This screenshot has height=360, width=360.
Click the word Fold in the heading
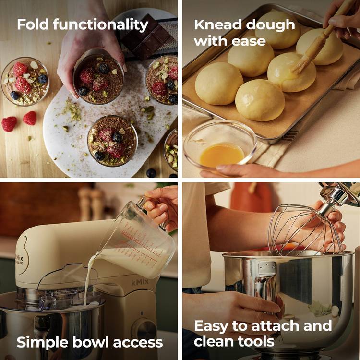pyautogui.click(x=33, y=24)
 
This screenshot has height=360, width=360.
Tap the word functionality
pyautogui.click(x=101, y=25)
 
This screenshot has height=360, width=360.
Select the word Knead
pyautogui.click(x=217, y=24)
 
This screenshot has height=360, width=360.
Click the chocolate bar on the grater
pyautogui.click(x=147, y=37)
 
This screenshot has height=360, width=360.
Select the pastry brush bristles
pyautogui.click(x=300, y=64)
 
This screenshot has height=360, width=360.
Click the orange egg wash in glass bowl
pyautogui.click(x=221, y=155)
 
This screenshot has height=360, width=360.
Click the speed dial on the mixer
pyautogui.click(x=144, y=329)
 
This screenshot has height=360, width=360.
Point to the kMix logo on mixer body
pyautogui.click(x=140, y=282)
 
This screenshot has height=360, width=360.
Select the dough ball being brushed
pyautogui.click(x=291, y=72)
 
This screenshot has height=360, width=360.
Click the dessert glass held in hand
pyautogui.click(x=98, y=77)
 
